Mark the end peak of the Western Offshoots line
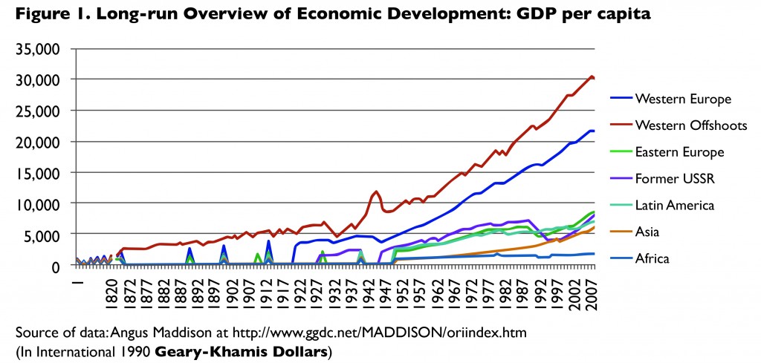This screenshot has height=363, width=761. pyautogui.click(x=591, y=76)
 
